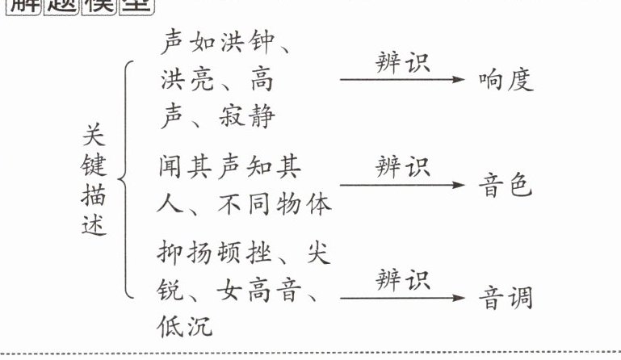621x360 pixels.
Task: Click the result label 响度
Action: tap(506, 80)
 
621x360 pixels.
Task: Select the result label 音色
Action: tap(506, 186)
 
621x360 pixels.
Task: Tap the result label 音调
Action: tap(506, 299)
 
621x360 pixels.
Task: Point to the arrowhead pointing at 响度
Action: tap(460, 80)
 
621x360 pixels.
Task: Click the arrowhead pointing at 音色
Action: tap(460, 186)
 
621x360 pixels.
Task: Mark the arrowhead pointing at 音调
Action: tap(460, 299)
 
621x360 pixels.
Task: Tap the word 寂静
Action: tap(246, 117)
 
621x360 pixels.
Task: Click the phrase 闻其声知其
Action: tap(231, 168)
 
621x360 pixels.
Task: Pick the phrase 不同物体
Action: tap(274, 204)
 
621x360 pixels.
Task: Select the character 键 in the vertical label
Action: tap(95, 166)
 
